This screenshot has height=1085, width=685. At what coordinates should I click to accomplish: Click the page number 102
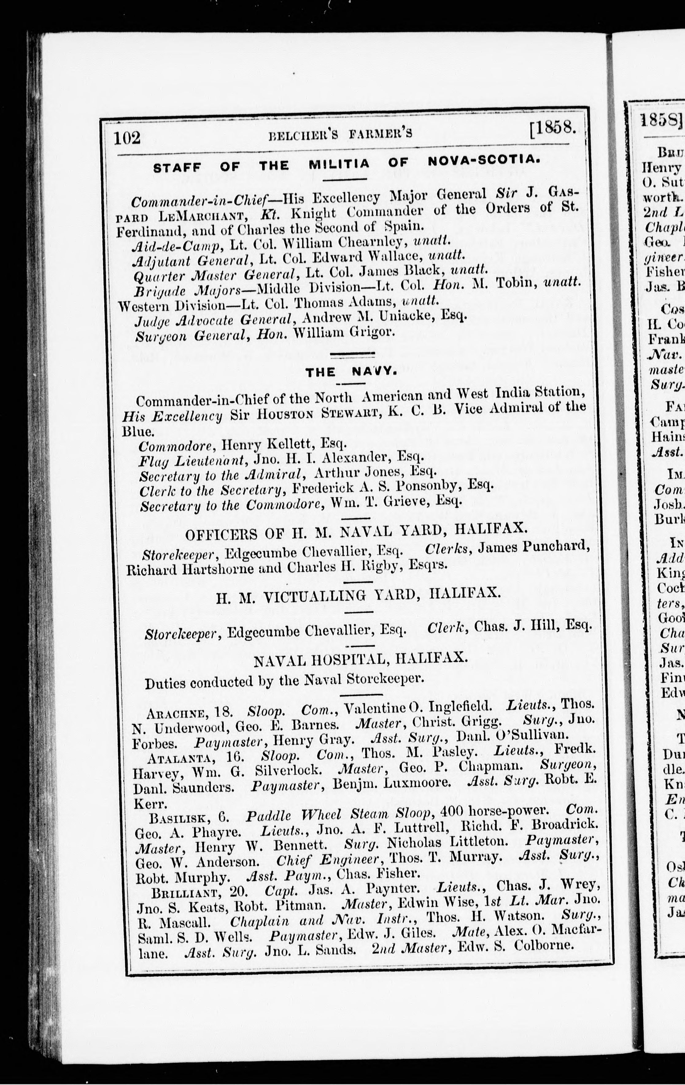pos(128,137)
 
